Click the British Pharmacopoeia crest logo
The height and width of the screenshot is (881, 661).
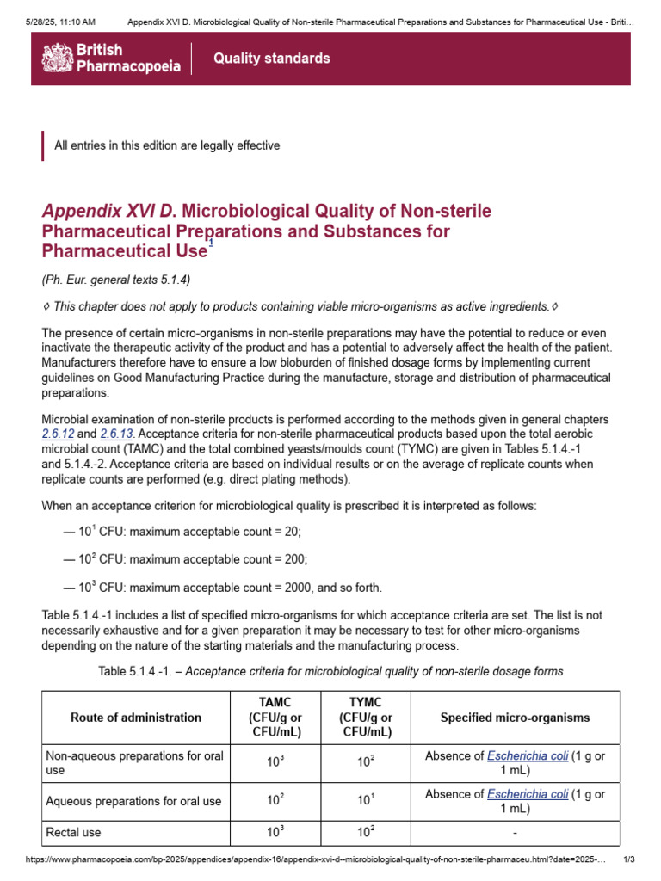(x=57, y=58)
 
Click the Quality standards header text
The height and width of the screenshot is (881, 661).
(x=271, y=59)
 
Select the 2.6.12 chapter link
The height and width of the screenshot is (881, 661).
(x=59, y=435)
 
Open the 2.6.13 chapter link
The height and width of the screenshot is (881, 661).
(x=116, y=435)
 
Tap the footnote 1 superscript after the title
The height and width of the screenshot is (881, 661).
(x=211, y=244)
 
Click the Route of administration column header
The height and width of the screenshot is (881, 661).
(x=136, y=717)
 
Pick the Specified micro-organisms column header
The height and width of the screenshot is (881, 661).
(x=515, y=717)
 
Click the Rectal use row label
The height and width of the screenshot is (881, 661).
(x=73, y=833)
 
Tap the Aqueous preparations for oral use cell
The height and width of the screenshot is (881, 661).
(x=133, y=801)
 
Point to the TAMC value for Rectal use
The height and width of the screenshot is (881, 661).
(x=275, y=833)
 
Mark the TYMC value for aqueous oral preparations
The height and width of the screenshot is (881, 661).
(x=367, y=801)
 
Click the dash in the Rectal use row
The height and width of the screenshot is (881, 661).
(x=515, y=833)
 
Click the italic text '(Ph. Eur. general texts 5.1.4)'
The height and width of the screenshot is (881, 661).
(x=116, y=279)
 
